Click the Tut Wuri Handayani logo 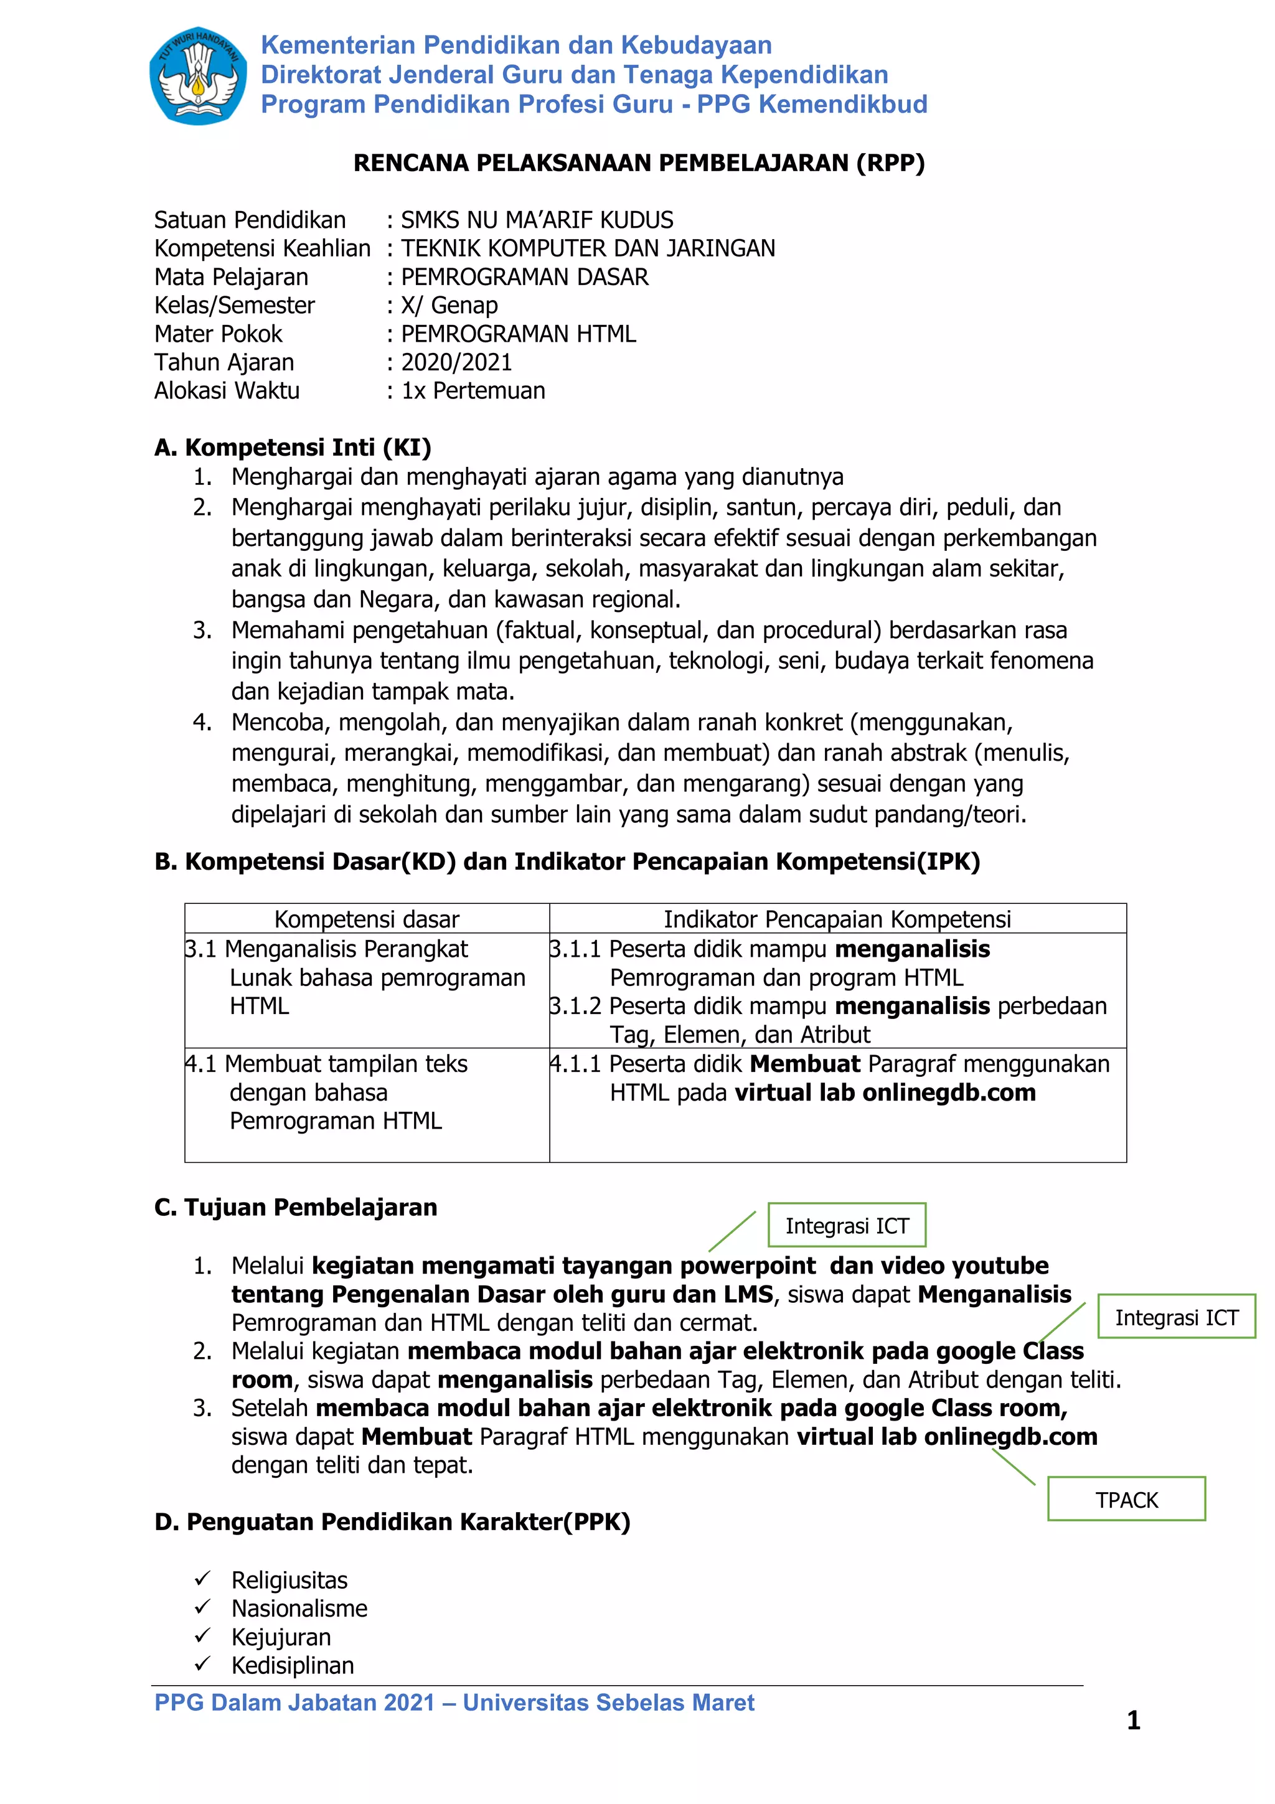point(198,75)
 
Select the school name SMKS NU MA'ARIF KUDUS point(537,220)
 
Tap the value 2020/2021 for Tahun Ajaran point(456,362)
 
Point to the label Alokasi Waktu point(227,390)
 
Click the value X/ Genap point(449,305)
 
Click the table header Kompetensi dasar point(367,919)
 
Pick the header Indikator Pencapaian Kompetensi point(837,919)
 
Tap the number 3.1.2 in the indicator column point(575,1006)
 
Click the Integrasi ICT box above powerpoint point(847,1225)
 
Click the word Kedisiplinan point(292,1665)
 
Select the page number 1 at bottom point(1133,1720)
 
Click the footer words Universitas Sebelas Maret point(608,1702)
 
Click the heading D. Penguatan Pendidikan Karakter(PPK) point(393,1522)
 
